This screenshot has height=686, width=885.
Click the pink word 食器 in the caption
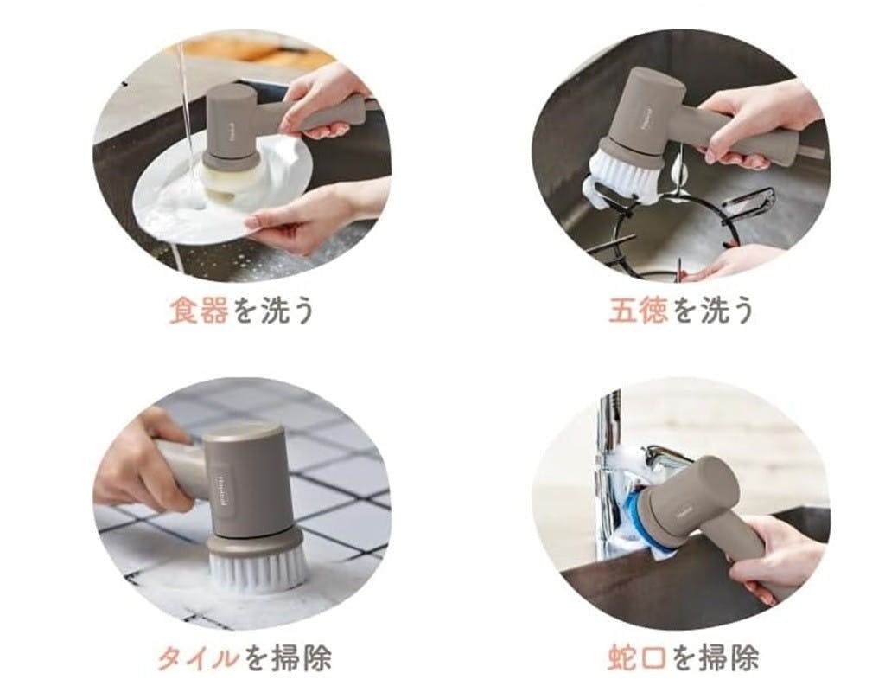(x=199, y=311)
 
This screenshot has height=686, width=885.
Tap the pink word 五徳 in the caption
(x=638, y=311)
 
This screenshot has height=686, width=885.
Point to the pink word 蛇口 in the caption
(x=638, y=657)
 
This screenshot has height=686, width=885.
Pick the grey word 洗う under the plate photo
(x=287, y=311)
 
